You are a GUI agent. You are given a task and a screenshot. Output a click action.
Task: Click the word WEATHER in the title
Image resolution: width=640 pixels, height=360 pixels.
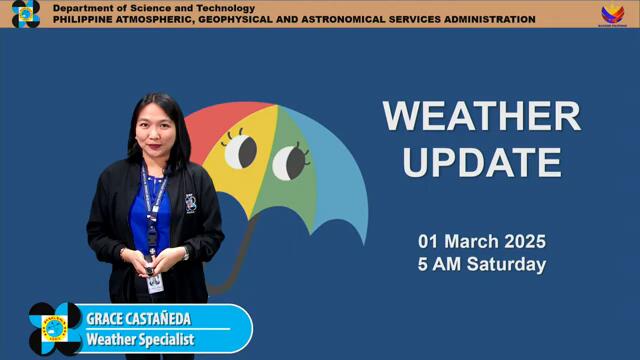(x=481, y=116)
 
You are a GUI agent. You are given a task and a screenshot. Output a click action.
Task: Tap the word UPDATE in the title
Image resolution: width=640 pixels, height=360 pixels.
(x=481, y=160)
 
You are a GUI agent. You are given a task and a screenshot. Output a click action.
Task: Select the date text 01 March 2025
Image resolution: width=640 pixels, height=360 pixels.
(x=481, y=242)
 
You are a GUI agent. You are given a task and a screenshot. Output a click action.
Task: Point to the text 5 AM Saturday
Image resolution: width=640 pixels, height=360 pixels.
(x=481, y=265)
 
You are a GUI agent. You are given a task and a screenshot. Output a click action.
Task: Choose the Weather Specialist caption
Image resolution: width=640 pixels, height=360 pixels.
(x=139, y=339)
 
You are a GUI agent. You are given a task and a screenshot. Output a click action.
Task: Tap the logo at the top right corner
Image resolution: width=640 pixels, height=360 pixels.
(x=612, y=13)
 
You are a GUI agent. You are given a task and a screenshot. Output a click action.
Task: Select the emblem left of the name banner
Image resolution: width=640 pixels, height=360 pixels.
(x=54, y=329)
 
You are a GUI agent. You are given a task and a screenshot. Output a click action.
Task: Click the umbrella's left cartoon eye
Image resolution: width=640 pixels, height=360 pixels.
(x=240, y=152)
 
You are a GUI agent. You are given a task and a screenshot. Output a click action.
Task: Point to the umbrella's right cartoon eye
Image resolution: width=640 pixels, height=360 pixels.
(x=290, y=159)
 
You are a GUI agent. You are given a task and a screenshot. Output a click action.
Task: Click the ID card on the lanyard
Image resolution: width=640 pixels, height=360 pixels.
(x=154, y=282)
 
